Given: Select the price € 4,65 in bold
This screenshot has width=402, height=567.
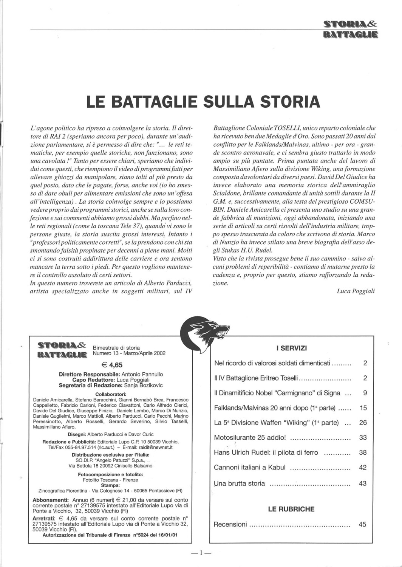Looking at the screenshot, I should pos(112,365).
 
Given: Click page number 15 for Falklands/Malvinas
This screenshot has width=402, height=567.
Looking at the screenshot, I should pos(363,408).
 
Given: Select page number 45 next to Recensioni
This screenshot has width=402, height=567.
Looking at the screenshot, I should pos(363,524).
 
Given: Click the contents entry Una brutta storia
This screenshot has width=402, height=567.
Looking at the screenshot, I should pos(240,483).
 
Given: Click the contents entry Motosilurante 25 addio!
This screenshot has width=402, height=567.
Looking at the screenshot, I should pos(250,438).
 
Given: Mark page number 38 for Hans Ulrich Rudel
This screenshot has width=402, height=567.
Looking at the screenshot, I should pos(363,452).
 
